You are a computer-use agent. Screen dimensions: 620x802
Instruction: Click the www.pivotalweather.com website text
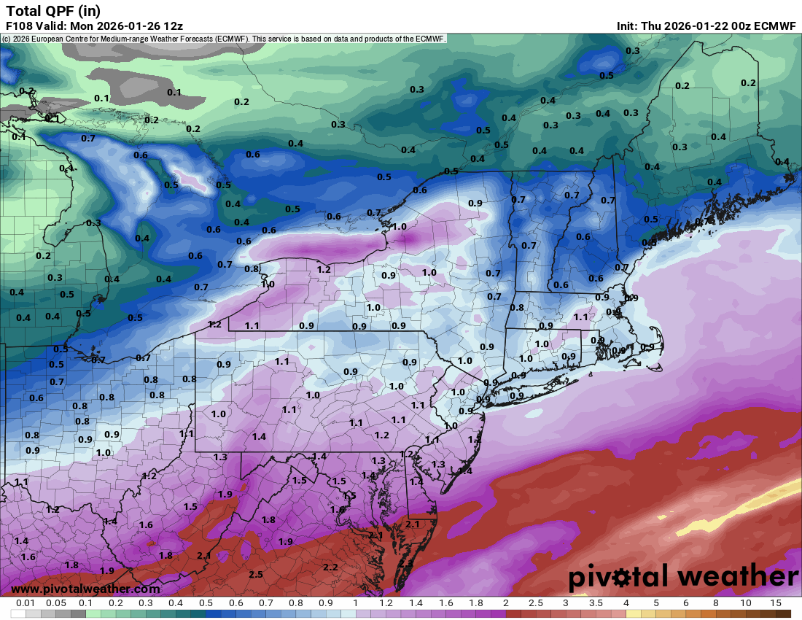85,589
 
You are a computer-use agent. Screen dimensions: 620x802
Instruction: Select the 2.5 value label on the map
256,575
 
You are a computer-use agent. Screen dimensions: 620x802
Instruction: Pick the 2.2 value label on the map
330,567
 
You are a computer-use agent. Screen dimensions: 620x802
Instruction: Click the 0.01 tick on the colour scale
26,604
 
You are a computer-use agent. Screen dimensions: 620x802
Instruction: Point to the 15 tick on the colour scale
776,604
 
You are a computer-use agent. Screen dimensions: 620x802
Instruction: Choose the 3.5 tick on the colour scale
596,604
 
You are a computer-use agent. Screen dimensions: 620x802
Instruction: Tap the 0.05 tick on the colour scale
56,604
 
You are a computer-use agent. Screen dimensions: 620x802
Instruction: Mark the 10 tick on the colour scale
746,604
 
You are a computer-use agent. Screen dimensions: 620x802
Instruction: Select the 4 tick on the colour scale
626,604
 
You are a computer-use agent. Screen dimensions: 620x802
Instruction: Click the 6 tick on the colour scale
686,604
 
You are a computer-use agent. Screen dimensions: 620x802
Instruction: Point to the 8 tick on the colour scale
716,604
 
